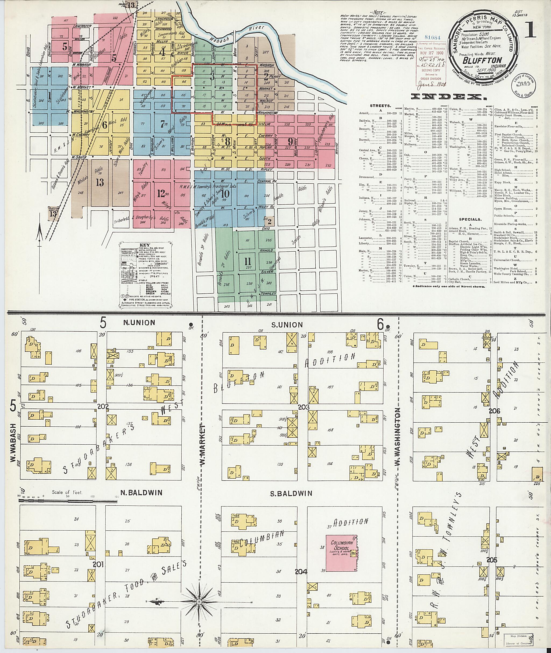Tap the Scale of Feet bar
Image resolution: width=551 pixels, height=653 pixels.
pyautogui.click(x=67, y=502)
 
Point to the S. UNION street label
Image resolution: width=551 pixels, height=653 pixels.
pyautogui.click(x=287, y=325)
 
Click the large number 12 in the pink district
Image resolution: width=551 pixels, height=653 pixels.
pyautogui.click(x=161, y=194)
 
